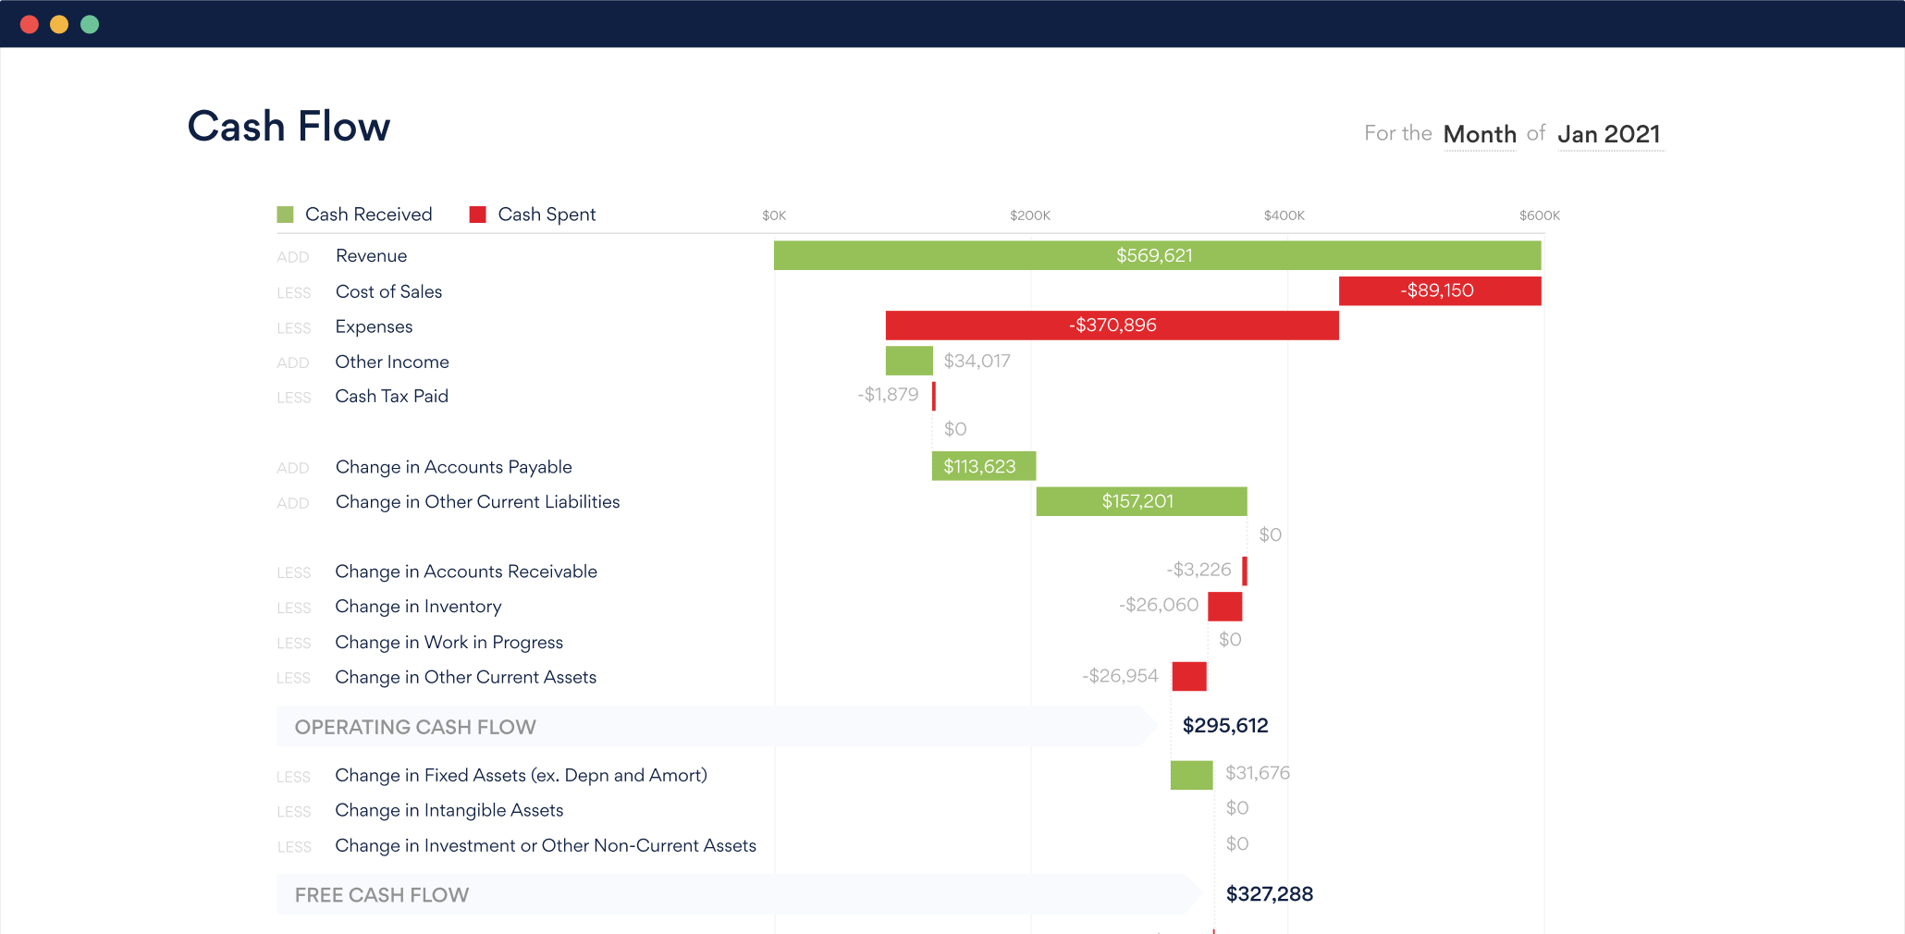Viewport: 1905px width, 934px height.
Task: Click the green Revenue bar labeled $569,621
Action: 1156,255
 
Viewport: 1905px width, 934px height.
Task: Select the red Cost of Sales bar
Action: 1439,290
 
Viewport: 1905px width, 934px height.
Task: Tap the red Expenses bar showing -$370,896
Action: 1112,326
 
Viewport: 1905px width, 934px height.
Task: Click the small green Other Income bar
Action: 908,361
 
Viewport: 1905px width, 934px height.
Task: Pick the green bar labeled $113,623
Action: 982,466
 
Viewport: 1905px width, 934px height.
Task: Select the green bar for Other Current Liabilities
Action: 1140,501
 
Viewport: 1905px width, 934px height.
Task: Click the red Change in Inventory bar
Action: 1224,607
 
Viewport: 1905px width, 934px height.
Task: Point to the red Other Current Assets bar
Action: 1188,677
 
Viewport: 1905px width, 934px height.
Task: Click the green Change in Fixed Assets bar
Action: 1191,775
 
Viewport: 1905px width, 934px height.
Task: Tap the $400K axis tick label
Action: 1284,215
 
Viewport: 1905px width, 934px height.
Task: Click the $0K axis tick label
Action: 774,215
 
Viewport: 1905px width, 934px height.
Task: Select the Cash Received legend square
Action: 285,215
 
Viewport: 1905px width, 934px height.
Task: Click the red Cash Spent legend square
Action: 478,215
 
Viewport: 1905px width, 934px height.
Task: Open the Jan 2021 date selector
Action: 1609,135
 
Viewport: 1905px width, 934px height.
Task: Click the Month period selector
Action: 1480,135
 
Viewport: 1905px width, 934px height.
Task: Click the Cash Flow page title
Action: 289,127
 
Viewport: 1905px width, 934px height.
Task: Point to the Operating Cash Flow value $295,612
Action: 1225,726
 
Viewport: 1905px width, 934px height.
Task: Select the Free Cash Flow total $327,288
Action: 1269,894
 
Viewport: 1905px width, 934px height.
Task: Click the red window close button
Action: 30,25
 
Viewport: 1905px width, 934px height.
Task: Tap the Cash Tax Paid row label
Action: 391,397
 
